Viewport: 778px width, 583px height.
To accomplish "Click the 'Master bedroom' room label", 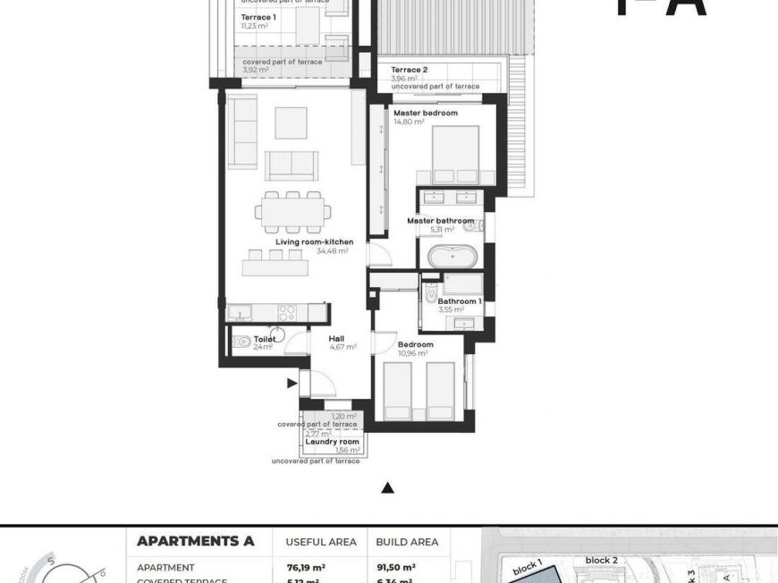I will pyautogui.click(x=425, y=114).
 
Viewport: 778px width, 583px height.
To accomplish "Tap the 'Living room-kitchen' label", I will pyautogui.click(x=314, y=241).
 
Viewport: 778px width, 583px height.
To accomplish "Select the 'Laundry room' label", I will pyautogui.click(x=332, y=442).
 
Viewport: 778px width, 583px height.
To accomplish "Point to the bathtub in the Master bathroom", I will pyautogui.click(x=452, y=256).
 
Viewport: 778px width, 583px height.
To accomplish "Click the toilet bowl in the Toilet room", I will pyautogui.click(x=243, y=341).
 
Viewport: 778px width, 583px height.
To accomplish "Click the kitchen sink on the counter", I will pyautogui.click(x=240, y=313).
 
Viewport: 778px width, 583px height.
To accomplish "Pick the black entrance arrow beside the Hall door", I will pyautogui.click(x=292, y=384).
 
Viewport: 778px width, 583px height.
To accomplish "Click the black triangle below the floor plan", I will pyautogui.click(x=387, y=488).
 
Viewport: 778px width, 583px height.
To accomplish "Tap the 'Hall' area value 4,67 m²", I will pyautogui.click(x=343, y=347).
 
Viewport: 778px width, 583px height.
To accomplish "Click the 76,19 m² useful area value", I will pyautogui.click(x=305, y=567).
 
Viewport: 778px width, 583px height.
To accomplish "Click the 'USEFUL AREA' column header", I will pyautogui.click(x=320, y=542).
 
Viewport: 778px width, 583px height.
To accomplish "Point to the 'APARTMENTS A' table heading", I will pyautogui.click(x=195, y=541).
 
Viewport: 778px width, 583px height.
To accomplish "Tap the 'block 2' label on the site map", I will pyautogui.click(x=601, y=560).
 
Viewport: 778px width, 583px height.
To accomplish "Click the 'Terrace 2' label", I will pyautogui.click(x=409, y=70).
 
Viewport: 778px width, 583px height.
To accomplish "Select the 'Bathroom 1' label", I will pyautogui.click(x=460, y=301).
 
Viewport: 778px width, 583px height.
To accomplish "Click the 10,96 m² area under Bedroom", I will pyautogui.click(x=412, y=353).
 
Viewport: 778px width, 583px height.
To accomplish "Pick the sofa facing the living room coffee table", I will pyautogui.click(x=292, y=165).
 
